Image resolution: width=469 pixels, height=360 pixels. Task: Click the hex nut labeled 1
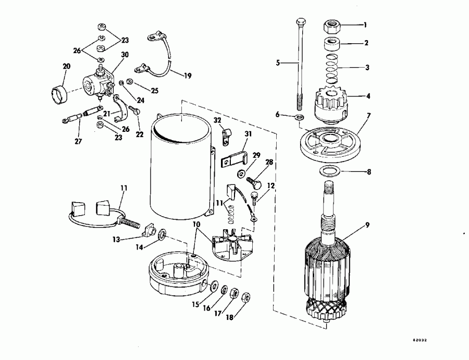coord(332,24)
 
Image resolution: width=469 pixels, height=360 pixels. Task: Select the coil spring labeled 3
coord(332,68)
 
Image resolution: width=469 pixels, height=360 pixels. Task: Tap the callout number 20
coord(66,66)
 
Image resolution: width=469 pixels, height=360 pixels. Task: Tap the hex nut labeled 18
coord(246,297)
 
